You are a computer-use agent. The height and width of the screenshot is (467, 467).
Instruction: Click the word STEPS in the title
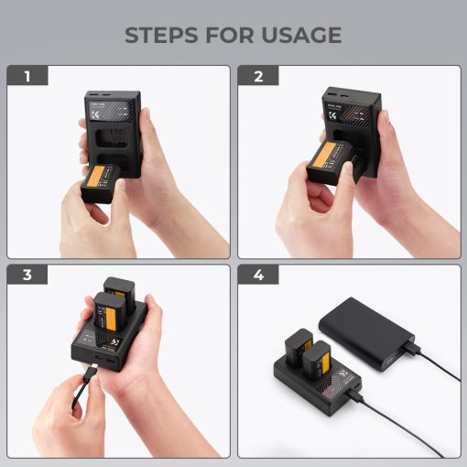tap(164, 36)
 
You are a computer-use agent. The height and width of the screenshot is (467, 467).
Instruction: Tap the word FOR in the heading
tap(236, 36)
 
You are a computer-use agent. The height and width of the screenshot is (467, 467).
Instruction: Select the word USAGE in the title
tap(303, 36)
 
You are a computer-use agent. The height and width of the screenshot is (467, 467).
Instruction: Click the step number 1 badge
tap(27, 77)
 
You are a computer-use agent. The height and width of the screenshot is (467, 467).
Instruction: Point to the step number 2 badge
tap(258, 77)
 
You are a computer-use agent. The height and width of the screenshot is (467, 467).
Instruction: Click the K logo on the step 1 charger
tap(99, 120)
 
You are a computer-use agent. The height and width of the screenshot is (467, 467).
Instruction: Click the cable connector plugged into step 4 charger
tap(353, 396)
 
